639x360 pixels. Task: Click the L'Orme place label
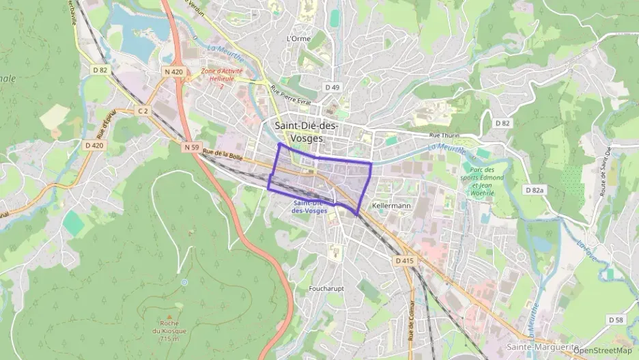[x=299, y=39]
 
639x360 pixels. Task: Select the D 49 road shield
[x=332, y=87]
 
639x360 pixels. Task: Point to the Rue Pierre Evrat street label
[x=290, y=96]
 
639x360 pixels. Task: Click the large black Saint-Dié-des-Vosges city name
[x=306, y=131]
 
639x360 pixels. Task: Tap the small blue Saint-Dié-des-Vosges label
[x=309, y=207]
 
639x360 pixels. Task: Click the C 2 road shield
[x=143, y=110]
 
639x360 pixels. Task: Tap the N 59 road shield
[x=190, y=146]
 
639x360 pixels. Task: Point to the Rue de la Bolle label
[x=223, y=156]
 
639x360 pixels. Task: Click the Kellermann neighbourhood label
[x=391, y=206]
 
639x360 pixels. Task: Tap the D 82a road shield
[x=534, y=189]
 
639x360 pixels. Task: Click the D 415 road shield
[x=403, y=260]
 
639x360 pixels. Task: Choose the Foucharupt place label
[x=326, y=288]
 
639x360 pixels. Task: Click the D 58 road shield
[x=616, y=319]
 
